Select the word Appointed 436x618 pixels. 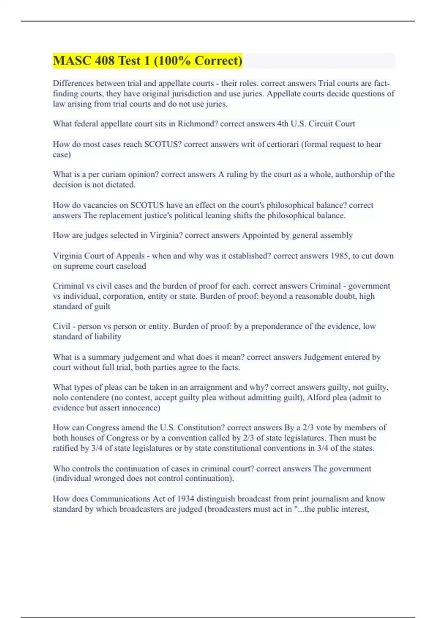tap(260, 236)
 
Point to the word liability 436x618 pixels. tap(108, 337)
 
